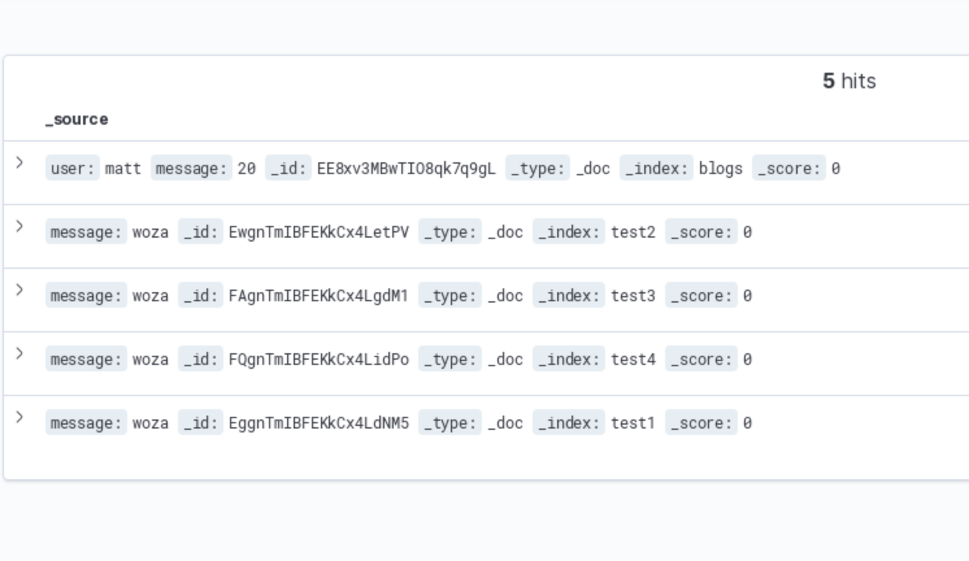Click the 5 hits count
(x=849, y=81)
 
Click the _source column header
(x=77, y=119)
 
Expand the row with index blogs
(x=19, y=162)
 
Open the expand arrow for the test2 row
(x=19, y=226)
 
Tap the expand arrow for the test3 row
(x=19, y=290)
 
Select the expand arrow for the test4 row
(x=19, y=353)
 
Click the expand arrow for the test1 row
(x=19, y=417)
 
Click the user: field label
(x=72, y=169)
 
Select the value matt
(x=123, y=169)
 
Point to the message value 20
(x=246, y=169)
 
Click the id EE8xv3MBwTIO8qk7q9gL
(x=406, y=169)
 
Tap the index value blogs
(x=720, y=169)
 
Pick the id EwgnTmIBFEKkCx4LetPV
(x=318, y=232)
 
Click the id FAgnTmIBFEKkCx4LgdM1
(x=318, y=296)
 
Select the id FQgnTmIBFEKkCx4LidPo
(x=318, y=360)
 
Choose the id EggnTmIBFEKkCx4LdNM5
(x=318, y=423)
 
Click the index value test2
(x=633, y=232)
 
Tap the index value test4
(x=633, y=360)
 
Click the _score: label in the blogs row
(x=788, y=169)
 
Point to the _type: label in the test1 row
(x=449, y=423)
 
